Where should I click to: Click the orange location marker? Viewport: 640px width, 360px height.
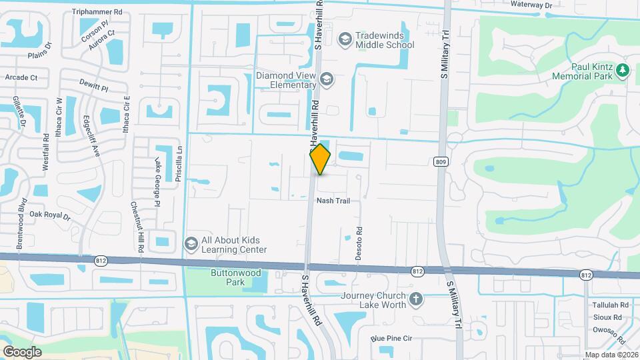[x=320, y=159]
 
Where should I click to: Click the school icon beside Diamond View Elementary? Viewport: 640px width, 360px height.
[x=327, y=80]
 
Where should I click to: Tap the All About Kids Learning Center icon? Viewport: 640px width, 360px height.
[x=191, y=245]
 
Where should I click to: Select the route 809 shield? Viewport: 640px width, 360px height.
[x=440, y=161]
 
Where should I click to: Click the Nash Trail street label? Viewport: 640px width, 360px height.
[x=333, y=201]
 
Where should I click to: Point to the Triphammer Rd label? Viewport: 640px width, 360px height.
[x=97, y=12]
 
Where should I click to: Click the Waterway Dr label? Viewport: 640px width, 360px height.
[x=531, y=5]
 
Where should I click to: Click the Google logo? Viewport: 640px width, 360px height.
[x=21, y=351]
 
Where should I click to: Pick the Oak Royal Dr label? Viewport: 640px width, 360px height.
[x=50, y=215]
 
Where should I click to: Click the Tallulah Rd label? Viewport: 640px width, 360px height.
[x=611, y=305]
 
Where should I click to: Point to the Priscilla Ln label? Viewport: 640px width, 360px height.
[x=179, y=169]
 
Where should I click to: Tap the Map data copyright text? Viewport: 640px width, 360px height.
[x=611, y=355]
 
